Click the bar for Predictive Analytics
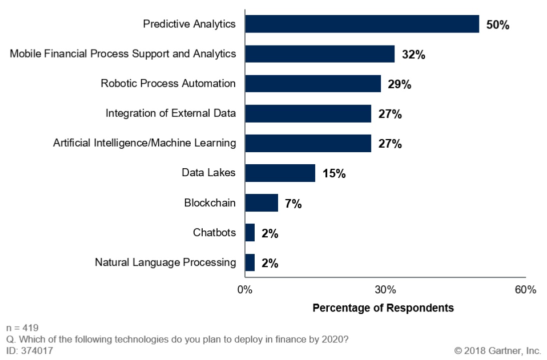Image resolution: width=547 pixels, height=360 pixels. coord(362,24)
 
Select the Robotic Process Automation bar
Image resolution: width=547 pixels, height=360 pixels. coord(313,84)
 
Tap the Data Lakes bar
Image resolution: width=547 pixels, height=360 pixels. coord(280,173)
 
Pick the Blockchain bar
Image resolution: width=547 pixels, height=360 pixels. coord(261,203)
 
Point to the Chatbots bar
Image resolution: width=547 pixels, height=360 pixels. coord(250,233)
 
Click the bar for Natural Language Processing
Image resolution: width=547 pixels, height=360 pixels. coord(250,262)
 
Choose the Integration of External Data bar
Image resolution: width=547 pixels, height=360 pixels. coord(308,114)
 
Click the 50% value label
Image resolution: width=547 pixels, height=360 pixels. coord(497,25)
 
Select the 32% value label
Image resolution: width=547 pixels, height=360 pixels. coord(413,55)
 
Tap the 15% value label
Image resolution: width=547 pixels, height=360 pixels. coord(334,174)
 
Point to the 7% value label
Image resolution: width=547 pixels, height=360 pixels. coord(293,204)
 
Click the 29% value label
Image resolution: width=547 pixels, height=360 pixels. coord(399,85)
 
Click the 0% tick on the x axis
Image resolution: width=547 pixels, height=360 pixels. coord(245,290)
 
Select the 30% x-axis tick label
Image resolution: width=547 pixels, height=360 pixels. coord(385,290)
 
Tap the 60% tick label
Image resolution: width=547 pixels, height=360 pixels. coord(525,290)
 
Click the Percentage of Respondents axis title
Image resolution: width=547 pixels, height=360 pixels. coord(383,308)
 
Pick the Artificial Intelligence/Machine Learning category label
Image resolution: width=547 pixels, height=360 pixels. coord(145,143)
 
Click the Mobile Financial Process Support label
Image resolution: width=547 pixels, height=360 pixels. coord(123,54)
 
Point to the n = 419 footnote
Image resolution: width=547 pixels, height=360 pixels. coord(22,328)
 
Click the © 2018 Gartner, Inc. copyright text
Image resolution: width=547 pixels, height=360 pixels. coord(497,351)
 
